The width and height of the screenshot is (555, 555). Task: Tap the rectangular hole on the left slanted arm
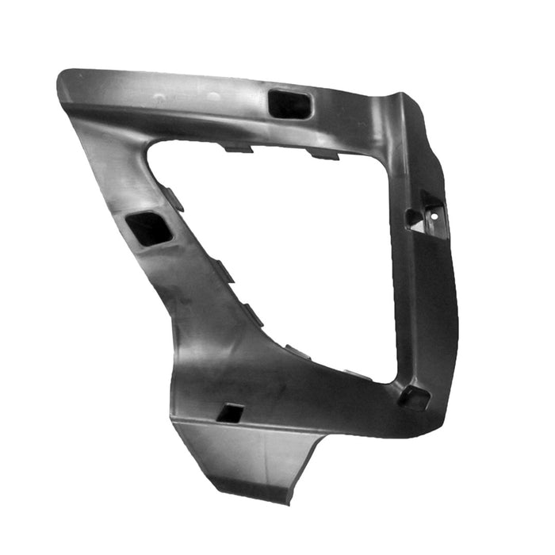(x=150, y=228)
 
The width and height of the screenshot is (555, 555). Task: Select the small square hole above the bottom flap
(x=231, y=413)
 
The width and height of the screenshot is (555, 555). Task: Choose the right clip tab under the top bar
(x=324, y=154)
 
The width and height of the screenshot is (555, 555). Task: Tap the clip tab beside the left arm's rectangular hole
(x=175, y=198)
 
